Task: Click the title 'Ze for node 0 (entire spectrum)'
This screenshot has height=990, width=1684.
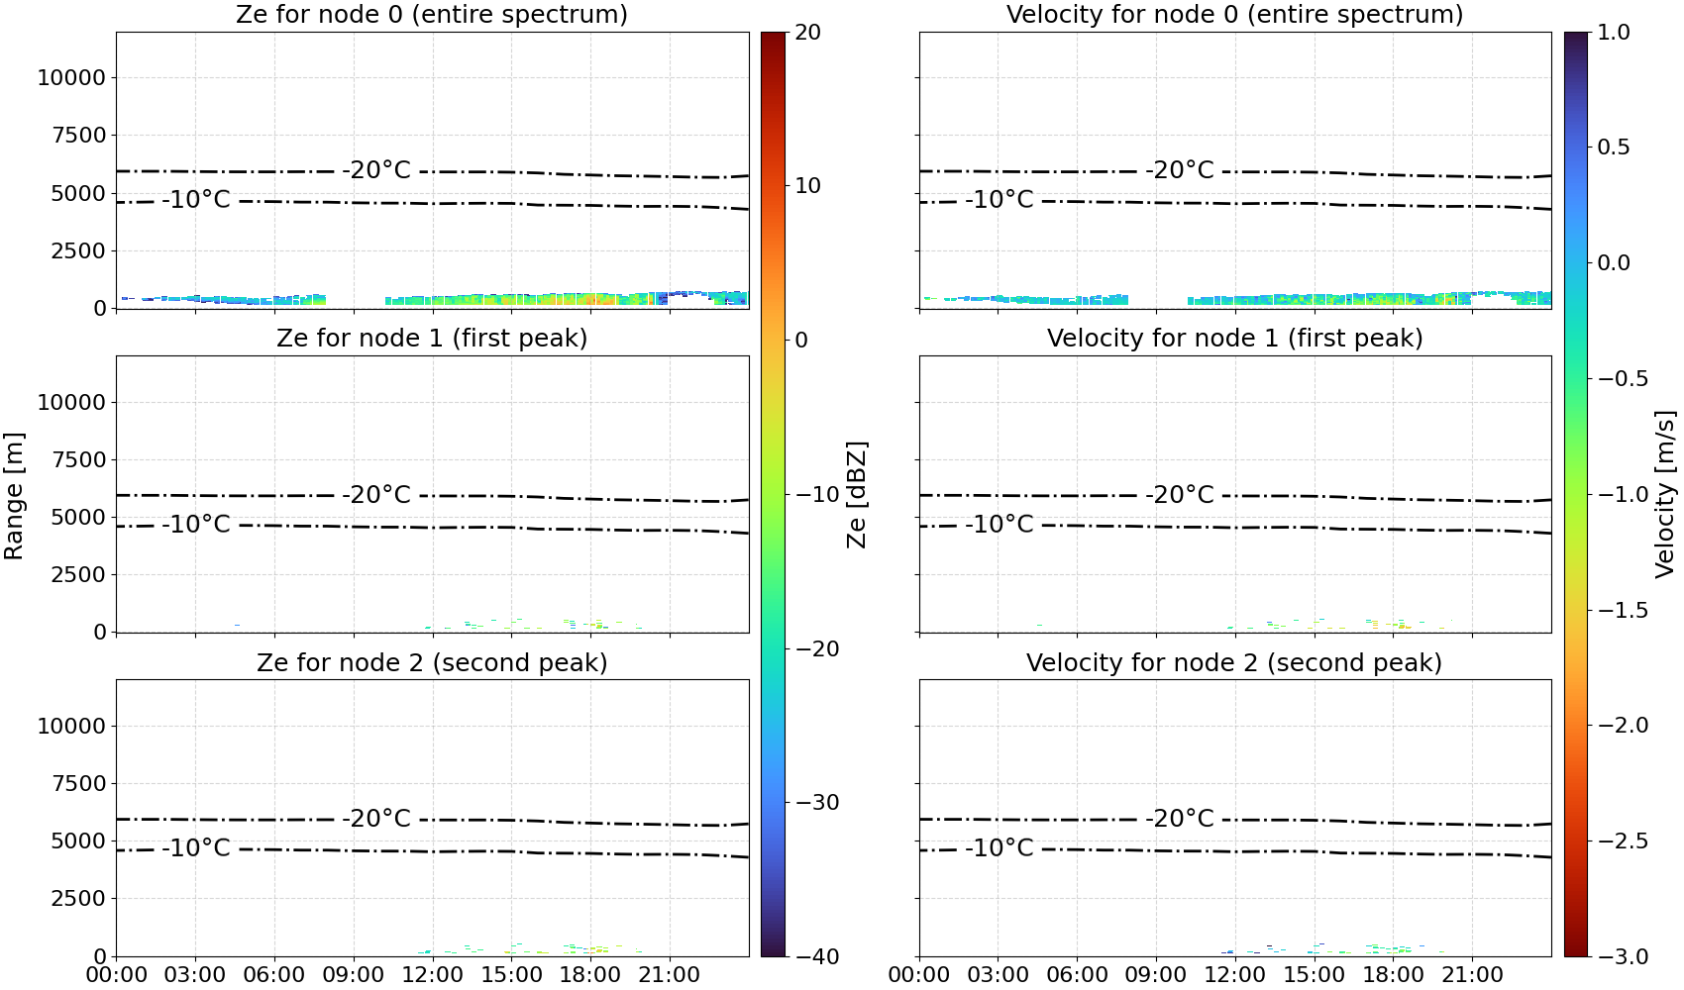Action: click(432, 15)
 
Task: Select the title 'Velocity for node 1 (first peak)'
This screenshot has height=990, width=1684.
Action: click(1235, 339)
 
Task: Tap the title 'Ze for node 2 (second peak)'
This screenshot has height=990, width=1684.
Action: click(432, 663)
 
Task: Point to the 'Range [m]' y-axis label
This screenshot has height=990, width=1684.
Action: click(14, 496)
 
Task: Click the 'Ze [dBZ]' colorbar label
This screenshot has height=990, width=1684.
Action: click(857, 494)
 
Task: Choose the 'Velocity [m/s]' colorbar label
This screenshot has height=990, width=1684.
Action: click(1666, 494)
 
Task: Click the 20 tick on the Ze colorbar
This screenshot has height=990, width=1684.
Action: click(807, 33)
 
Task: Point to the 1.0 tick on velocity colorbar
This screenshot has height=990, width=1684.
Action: click(1614, 33)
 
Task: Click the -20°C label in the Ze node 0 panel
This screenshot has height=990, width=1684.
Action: click(376, 170)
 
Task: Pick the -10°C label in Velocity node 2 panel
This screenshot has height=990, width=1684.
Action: click(1000, 848)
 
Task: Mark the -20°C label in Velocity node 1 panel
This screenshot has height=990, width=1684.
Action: click(1180, 495)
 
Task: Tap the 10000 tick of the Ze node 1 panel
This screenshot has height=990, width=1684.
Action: click(71, 403)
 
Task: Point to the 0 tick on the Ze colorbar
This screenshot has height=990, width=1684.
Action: click(801, 341)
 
